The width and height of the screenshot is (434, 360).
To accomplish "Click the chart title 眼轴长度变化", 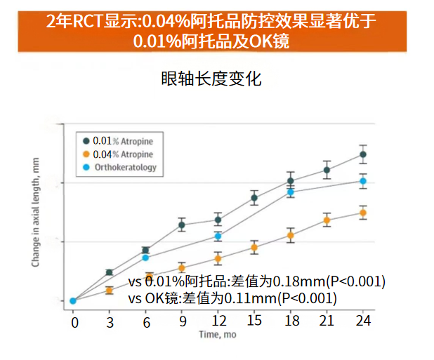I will [211, 79].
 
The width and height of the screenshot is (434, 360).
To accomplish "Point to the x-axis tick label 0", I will [74, 323].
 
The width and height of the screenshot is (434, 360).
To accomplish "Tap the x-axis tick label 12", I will [218, 323].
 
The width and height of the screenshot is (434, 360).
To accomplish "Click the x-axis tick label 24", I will [362, 323].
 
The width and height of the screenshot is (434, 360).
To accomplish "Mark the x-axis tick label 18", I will [290, 323].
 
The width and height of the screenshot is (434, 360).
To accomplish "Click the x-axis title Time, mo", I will [217, 335].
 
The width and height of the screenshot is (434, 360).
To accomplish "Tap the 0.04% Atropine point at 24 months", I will [362, 213].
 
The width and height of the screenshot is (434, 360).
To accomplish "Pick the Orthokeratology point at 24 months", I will [362, 181].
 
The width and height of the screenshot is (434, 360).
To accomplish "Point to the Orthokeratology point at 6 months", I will [145, 258].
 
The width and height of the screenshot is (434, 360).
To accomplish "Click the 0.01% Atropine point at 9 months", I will [182, 225].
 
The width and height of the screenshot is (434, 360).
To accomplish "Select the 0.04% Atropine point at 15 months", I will [254, 247].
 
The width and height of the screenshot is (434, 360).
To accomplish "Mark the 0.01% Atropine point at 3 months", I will [110, 272].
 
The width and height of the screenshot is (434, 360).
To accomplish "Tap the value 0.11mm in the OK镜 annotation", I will [249, 298].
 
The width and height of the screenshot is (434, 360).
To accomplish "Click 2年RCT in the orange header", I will [71, 21].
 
